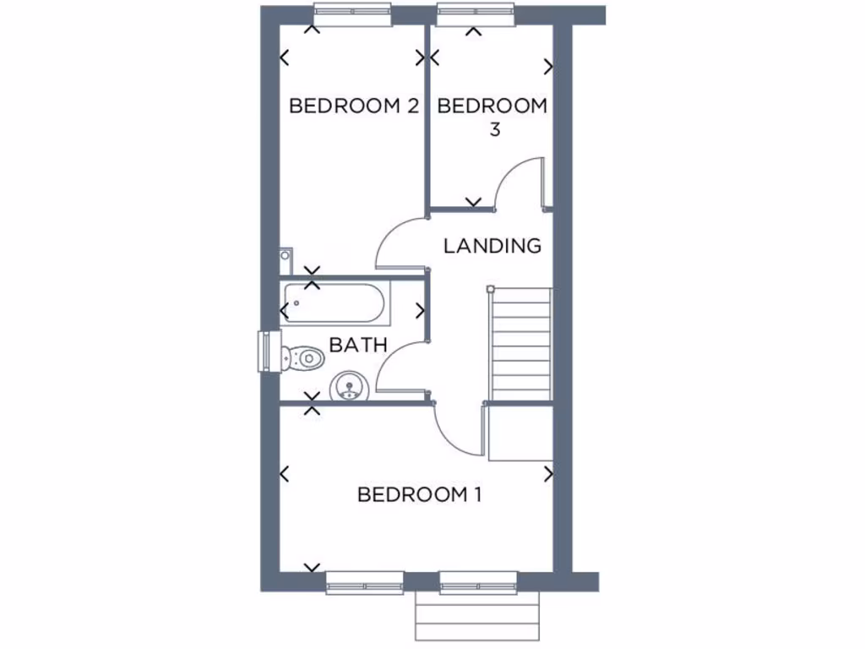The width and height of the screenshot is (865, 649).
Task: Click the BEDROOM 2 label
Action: (354, 106)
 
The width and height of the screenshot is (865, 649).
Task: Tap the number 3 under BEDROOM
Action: (493, 130)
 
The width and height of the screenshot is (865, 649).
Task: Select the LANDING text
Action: (492, 246)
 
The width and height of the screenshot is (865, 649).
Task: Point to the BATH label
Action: (358, 345)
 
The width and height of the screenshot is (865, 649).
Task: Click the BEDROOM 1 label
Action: (419, 494)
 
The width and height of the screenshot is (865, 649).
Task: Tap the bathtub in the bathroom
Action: (335, 303)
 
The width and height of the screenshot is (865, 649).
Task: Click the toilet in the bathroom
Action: (303, 358)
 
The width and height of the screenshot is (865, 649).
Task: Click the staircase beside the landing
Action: (520, 343)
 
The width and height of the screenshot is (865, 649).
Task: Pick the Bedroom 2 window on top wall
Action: (352, 14)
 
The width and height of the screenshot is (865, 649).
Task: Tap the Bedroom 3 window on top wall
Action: (476, 14)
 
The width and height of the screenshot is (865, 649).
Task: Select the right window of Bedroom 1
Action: (477, 582)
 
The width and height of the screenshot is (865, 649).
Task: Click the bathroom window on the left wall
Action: (267, 351)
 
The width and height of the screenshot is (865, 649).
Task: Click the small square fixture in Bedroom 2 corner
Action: (286, 254)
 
